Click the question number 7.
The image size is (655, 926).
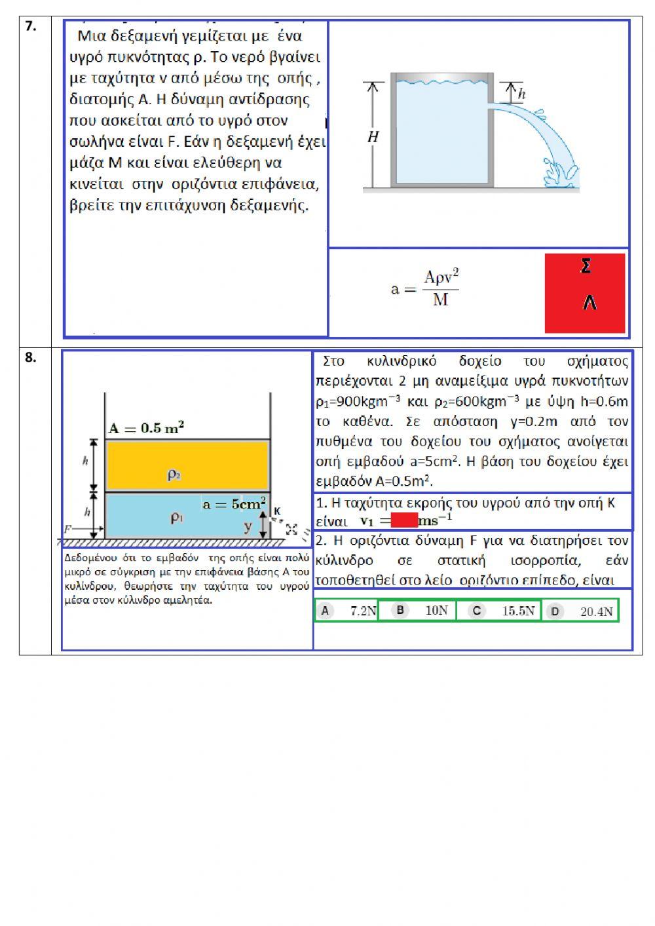30,26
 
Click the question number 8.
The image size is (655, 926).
30,357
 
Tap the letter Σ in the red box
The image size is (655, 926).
586,266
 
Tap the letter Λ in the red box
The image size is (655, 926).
589,303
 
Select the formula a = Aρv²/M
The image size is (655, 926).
425,288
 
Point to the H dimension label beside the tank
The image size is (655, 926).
373,137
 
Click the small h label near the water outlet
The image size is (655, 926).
521,94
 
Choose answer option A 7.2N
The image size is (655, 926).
348,611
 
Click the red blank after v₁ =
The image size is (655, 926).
404,521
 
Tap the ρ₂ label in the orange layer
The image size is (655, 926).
174,474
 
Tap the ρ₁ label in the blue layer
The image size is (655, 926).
177,517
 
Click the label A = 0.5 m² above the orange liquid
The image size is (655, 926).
146,429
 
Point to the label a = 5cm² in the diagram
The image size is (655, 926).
234,504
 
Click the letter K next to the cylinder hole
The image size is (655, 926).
277,511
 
